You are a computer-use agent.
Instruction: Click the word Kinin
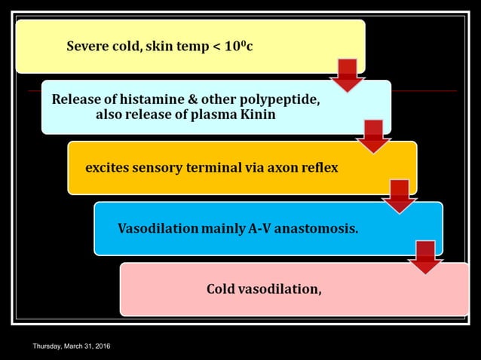(258, 114)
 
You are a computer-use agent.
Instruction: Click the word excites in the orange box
(108, 167)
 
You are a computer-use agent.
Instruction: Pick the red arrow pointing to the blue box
(400, 197)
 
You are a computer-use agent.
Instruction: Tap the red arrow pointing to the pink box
(425, 257)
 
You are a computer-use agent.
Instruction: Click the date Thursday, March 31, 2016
(72, 346)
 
